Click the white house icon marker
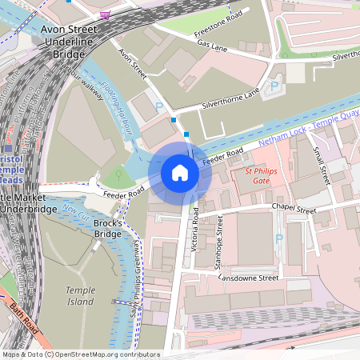(x=180, y=173)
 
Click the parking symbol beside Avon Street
(x=158, y=106)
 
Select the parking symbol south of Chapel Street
(x=278, y=238)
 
